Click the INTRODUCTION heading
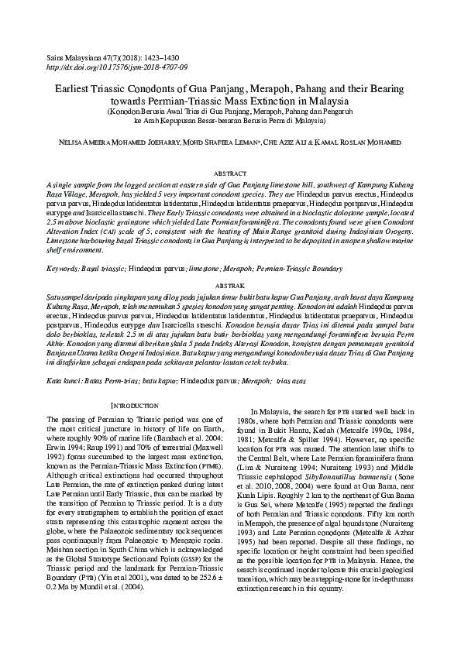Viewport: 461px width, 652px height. point(135,406)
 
